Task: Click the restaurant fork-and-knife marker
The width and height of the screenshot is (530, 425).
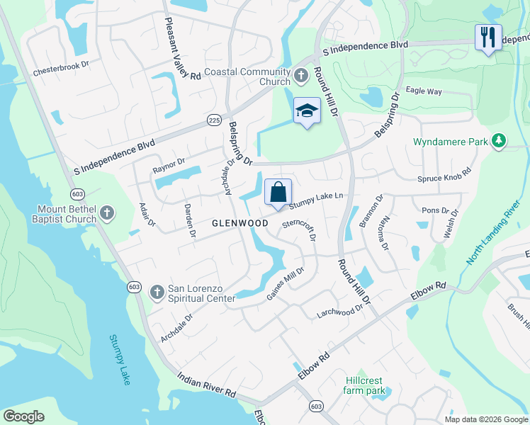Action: pyautogui.click(x=487, y=36)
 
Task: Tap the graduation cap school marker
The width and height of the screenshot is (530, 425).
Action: pyautogui.click(x=307, y=111)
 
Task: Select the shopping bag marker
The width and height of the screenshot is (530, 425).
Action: pyautogui.click(x=278, y=191)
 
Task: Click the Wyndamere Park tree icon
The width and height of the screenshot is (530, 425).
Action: pyautogui.click(x=500, y=142)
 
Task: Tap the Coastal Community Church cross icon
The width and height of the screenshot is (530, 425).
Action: pyautogui.click(x=300, y=74)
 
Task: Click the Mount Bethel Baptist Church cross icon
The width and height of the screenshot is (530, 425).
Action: pyautogui.click(x=106, y=212)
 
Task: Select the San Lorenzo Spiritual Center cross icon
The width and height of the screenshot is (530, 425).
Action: pyautogui.click(x=157, y=291)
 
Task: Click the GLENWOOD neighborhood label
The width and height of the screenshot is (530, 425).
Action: pyautogui.click(x=239, y=223)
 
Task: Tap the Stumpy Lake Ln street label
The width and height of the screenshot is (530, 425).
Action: pyautogui.click(x=319, y=198)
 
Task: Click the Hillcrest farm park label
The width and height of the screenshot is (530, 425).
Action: pyautogui.click(x=364, y=385)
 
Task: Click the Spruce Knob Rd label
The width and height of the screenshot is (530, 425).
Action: pyautogui.click(x=444, y=176)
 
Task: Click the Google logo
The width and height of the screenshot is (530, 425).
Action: pyautogui.click(x=23, y=416)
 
